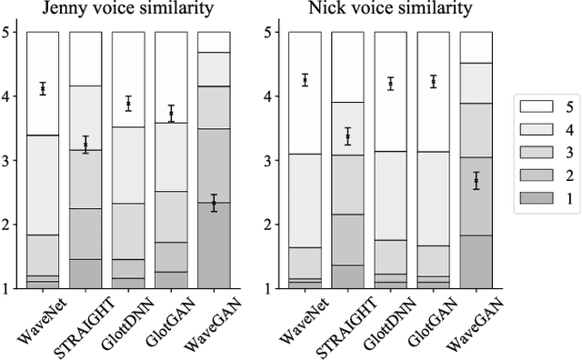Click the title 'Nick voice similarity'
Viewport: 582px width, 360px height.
(390, 10)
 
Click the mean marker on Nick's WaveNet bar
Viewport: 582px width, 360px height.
(305, 80)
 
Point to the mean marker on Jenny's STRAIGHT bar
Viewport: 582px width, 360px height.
(85, 145)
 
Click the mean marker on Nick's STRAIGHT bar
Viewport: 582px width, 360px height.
(347, 136)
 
